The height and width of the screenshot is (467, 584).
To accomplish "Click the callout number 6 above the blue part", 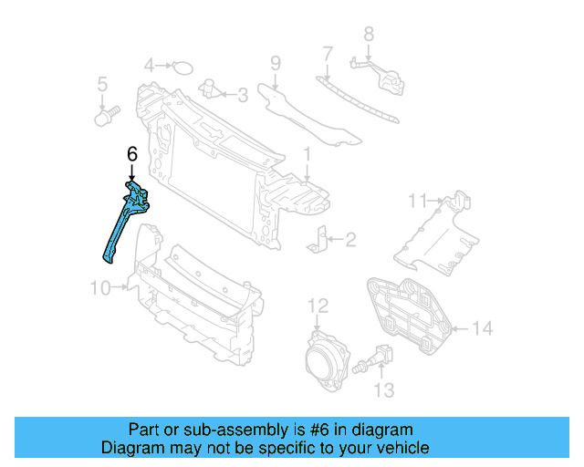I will tap(131, 155).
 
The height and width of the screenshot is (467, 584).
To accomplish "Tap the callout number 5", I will tap(103, 85).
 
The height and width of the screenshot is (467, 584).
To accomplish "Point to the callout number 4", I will tap(150, 66).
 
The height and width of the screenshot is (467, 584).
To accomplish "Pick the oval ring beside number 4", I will tap(183, 67).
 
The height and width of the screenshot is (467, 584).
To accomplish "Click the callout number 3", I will tap(242, 93).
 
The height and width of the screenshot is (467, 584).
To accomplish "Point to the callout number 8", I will tap(369, 35).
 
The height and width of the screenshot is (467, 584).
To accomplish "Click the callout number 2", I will tap(350, 240).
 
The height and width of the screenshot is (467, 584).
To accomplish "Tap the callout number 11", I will tap(418, 200).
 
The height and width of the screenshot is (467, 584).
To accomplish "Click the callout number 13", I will tap(384, 389).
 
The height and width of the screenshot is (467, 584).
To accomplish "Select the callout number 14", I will tap(483, 328).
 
